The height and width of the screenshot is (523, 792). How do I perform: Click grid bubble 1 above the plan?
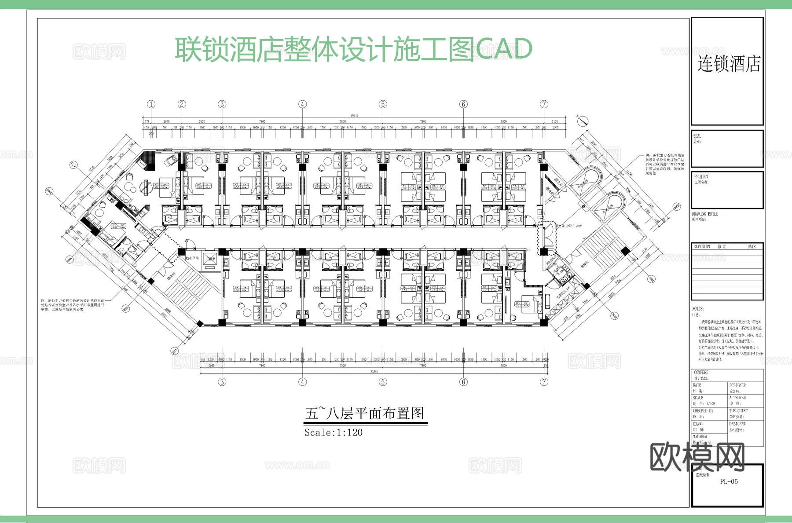151,104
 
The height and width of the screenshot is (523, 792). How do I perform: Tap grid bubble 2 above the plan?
182,104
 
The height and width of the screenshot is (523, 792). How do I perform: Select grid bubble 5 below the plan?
383,382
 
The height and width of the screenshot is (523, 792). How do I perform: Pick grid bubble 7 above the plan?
544,104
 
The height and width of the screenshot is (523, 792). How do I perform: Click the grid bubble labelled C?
74,165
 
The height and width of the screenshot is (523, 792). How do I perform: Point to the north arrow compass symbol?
583,120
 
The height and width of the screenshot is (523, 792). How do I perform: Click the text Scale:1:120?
334,433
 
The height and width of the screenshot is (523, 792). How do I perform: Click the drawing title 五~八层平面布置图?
365,414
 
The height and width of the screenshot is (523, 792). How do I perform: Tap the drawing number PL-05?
729,482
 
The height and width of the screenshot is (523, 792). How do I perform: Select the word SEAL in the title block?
697,136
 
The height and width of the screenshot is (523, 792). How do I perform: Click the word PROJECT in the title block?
701,176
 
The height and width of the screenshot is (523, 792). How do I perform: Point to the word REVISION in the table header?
702,247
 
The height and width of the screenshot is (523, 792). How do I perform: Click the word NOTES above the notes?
698,309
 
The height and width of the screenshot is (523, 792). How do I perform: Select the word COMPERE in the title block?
701,373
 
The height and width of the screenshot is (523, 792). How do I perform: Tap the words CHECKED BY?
703,411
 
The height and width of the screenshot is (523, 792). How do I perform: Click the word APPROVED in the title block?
737,398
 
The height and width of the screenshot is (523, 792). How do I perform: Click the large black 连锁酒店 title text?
729,64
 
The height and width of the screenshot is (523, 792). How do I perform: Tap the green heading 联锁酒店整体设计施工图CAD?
353,49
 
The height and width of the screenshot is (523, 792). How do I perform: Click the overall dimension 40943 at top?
354,116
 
